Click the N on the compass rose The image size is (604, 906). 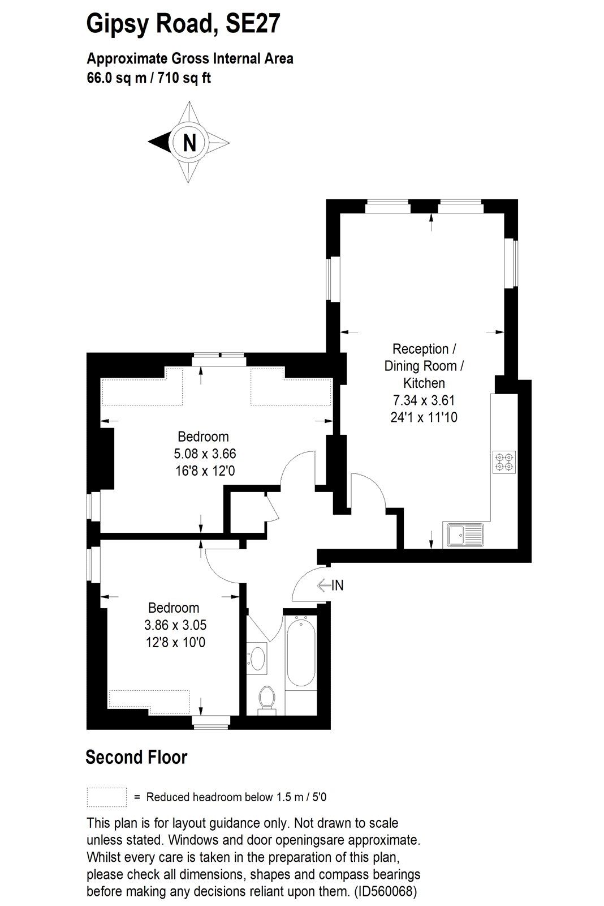[189, 142]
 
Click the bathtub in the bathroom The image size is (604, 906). [301, 653]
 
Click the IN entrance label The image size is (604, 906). [337, 585]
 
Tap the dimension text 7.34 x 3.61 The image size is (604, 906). [424, 400]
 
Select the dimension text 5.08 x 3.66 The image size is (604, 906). [205, 454]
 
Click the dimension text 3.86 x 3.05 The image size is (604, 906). [175, 625]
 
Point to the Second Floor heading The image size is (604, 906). [136, 757]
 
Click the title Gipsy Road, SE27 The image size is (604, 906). [183, 24]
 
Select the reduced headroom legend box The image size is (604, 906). [107, 797]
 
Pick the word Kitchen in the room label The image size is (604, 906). [424, 383]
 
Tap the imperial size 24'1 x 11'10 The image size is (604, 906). [424, 417]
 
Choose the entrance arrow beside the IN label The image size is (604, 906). [324, 585]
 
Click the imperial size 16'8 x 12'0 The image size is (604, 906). [204, 471]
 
